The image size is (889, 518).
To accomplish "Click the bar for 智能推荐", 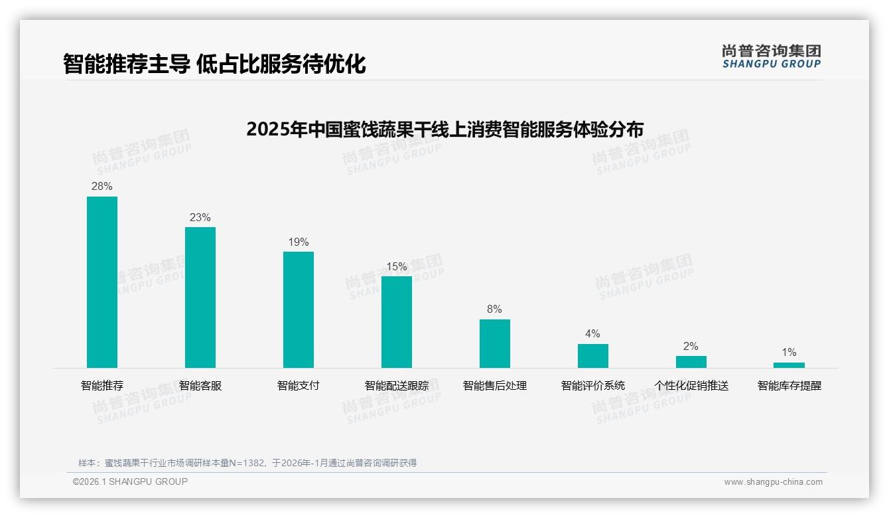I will point(102,282).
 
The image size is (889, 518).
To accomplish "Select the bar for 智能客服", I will point(200,297).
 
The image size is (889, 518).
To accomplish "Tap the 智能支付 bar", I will point(299,309).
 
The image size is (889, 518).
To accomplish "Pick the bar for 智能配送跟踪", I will point(397,321).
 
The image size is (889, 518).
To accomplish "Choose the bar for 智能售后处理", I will point(495,343).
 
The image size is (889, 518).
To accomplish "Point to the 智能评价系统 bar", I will point(593,355).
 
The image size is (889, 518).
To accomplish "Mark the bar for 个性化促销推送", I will point(691,362).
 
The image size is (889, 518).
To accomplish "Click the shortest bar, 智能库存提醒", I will point(789,365).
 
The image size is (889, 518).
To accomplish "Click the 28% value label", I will point(102,187).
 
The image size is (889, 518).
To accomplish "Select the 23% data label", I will point(200,218).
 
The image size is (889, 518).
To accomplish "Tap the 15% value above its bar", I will point(397,267).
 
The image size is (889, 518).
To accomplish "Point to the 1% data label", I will point(789,353).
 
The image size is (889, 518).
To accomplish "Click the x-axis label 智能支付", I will point(299,386).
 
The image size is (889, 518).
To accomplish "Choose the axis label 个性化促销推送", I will point(691,386).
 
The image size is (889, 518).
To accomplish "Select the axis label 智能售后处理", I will point(495,386).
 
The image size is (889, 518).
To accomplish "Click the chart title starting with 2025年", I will point(444,129).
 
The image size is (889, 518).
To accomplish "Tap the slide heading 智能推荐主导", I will point(214,64).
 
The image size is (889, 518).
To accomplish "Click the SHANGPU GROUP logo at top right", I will point(772,56).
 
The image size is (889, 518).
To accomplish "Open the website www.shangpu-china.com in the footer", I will point(773,482).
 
